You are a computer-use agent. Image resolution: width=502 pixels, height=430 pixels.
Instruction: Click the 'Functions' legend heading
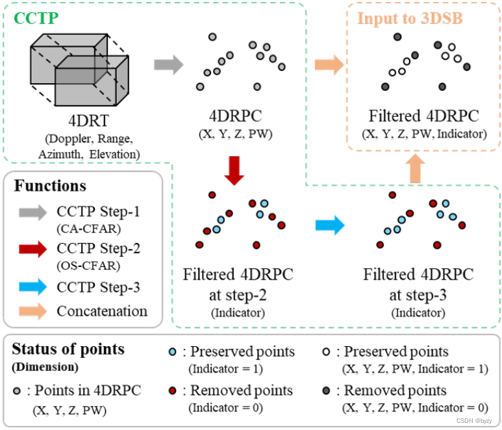50,186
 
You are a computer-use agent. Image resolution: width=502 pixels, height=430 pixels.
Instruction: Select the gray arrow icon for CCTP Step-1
32,212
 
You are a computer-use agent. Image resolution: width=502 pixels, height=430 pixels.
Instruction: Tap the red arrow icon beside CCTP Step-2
32,249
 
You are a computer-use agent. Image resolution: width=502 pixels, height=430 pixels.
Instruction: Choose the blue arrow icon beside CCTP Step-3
32,286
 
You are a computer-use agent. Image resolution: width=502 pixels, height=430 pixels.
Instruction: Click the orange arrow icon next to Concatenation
32,311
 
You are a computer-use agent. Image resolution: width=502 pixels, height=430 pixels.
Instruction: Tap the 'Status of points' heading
68,349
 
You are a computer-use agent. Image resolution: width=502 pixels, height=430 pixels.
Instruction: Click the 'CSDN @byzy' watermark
475,420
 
